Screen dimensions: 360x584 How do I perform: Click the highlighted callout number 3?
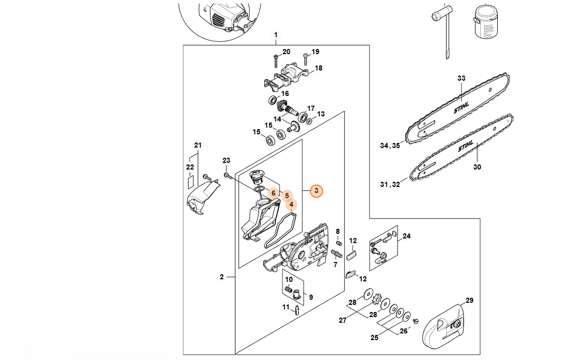(317, 191)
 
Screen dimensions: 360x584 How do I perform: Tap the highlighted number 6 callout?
(273, 193)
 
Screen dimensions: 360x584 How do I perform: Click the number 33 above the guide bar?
(461, 78)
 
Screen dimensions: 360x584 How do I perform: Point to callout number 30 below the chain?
(477, 166)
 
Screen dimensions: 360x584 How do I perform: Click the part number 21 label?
(198, 145)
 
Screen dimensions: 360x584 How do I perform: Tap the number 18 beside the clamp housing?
(318, 68)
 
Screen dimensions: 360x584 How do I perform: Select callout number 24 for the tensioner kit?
(407, 236)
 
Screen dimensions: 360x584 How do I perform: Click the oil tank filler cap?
(255, 178)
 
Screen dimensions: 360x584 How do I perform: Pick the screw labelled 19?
(306, 59)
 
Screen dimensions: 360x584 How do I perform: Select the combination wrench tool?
(442, 28)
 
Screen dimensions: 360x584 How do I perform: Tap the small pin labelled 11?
(296, 310)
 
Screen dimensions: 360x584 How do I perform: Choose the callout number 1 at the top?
(275, 35)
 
